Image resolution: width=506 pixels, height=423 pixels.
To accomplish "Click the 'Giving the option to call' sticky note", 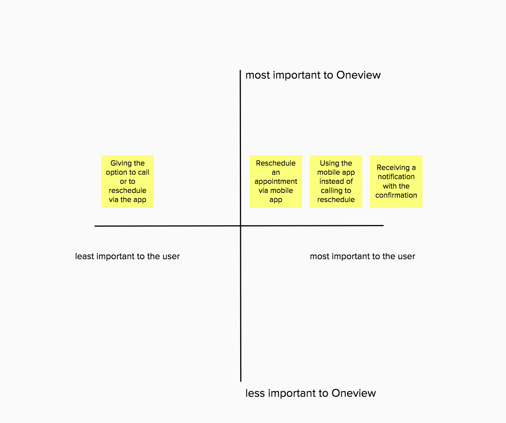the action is (x=128, y=182).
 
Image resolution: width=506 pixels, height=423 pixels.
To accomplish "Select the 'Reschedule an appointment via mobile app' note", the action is (x=276, y=182).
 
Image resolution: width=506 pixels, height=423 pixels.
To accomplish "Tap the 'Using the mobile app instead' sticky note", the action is (x=336, y=182).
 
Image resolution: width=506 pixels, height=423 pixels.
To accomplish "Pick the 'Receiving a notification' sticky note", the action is (x=396, y=182).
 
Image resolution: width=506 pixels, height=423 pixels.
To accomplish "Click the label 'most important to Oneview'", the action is (x=313, y=75).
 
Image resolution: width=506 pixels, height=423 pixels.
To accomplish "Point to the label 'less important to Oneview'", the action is (x=311, y=393).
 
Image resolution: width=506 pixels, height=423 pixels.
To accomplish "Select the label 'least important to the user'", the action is (x=128, y=256).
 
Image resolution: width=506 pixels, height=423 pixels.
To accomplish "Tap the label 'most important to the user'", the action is (x=362, y=256).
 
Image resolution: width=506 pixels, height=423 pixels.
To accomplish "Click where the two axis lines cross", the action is (x=241, y=226).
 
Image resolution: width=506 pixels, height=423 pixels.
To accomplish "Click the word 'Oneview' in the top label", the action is (x=358, y=75).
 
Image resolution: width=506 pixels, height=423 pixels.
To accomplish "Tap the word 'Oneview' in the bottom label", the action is (x=354, y=393).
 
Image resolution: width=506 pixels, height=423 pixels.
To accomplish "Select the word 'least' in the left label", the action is (x=85, y=256).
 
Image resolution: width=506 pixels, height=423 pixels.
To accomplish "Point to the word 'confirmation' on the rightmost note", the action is (x=396, y=195).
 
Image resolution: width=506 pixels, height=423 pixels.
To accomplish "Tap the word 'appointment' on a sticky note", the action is (x=276, y=182).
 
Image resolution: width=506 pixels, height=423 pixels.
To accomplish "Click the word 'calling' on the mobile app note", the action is (x=330, y=191).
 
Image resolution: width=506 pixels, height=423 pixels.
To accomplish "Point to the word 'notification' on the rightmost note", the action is (x=396, y=177).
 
